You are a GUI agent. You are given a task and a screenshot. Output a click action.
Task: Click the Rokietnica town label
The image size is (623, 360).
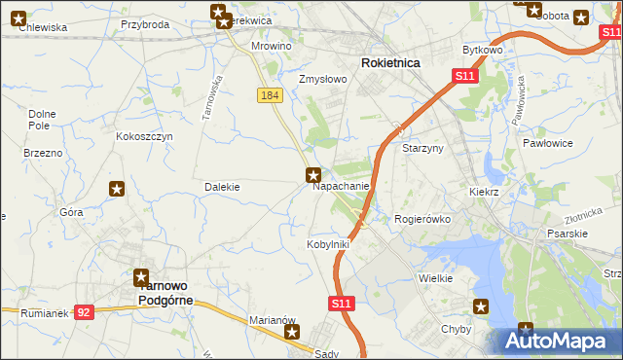click(x=390, y=62)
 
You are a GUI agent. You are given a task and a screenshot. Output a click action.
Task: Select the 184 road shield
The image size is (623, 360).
click(x=271, y=95)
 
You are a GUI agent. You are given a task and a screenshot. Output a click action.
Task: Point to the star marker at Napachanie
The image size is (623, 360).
click(x=312, y=175)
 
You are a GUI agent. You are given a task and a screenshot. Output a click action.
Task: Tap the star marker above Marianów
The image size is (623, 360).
click(x=292, y=333)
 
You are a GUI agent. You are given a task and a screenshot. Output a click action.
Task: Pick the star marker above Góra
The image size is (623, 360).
click(x=117, y=190)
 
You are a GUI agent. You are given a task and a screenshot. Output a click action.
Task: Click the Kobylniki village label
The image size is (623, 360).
click(x=328, y=244)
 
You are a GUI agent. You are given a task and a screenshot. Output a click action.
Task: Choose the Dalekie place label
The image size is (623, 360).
click(x=222, y=187)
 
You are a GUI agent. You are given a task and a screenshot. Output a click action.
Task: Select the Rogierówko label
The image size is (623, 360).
click(x=422, y=220)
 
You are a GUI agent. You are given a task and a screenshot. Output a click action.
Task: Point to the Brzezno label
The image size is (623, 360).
click(x=42, y=154)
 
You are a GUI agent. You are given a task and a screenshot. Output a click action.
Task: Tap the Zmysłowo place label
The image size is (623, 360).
click(x=322, y=80)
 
